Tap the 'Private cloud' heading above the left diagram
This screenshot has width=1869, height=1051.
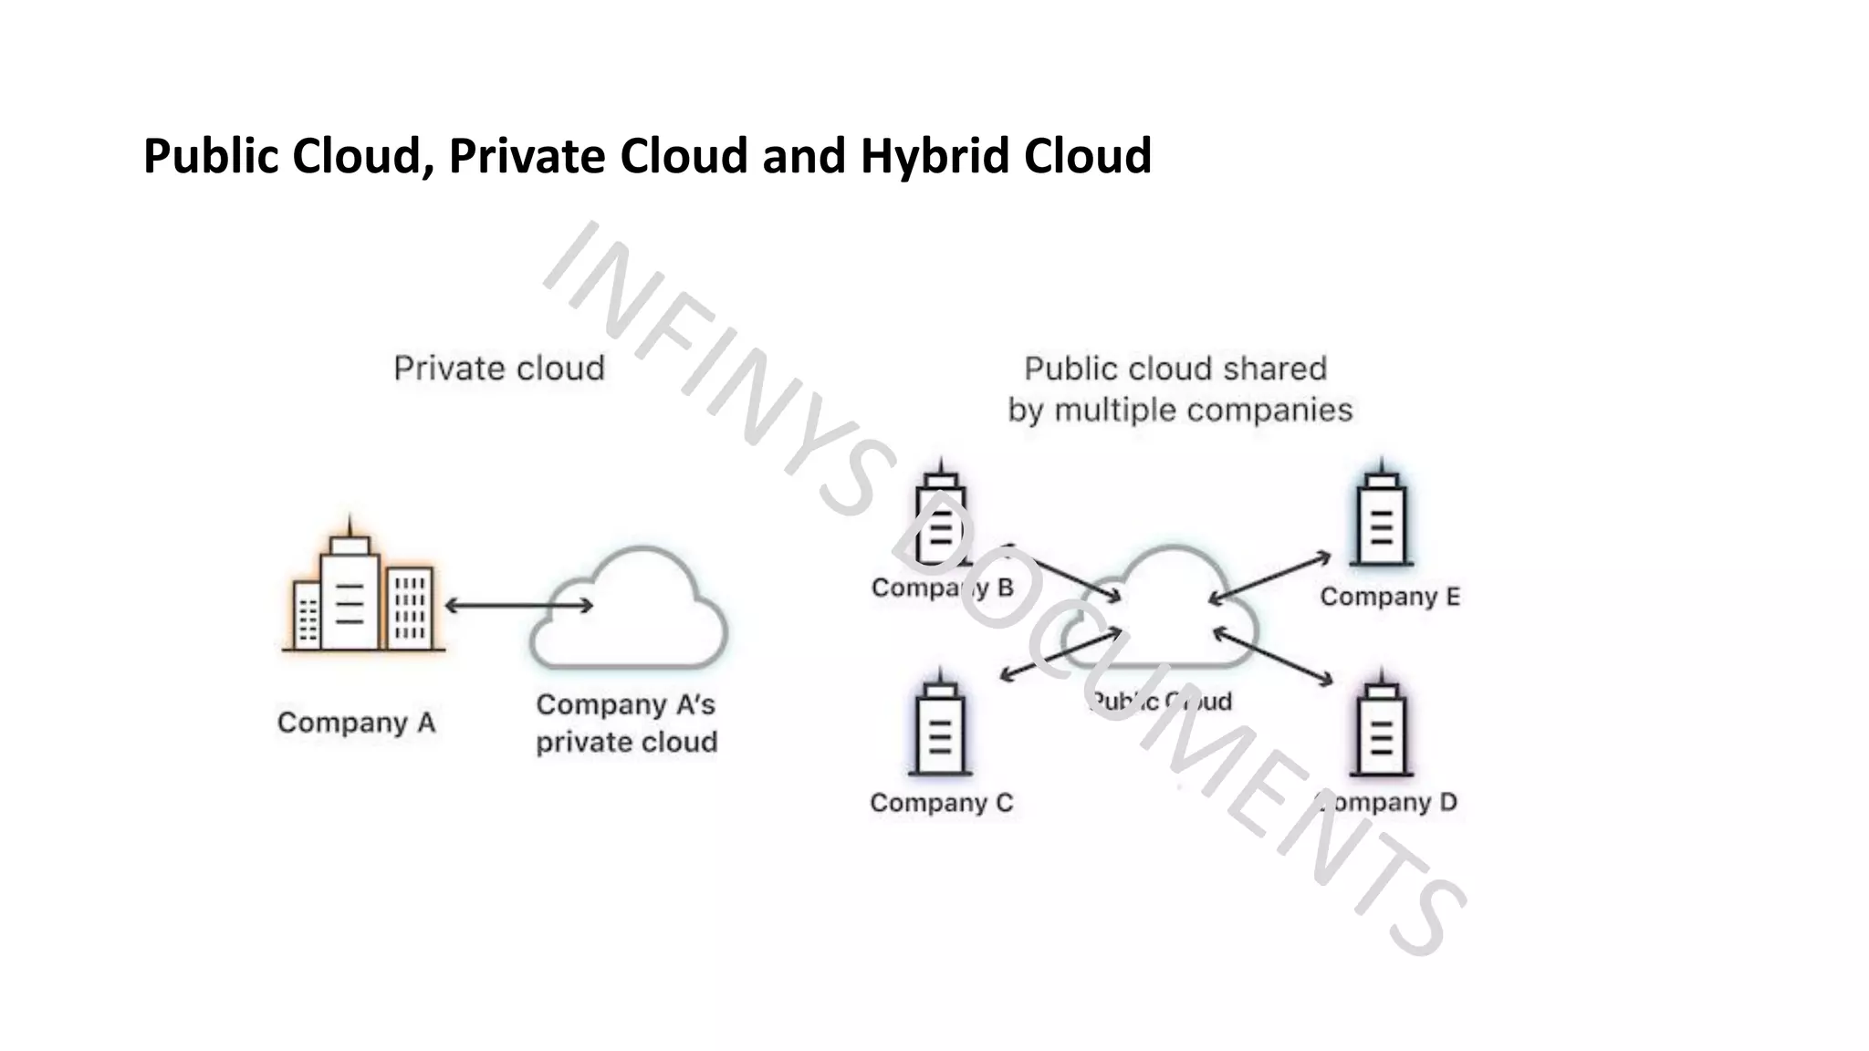click(499, 369)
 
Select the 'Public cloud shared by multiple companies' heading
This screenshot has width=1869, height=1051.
click(1179, 390)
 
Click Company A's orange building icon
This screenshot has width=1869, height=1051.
click(362, 595)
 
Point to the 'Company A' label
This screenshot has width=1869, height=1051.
click(357, 723)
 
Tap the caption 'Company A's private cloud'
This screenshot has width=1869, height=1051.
click(626, 723)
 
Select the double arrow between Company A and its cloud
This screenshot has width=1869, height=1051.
click(517, 605)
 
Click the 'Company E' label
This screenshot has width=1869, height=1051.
click(1390, 597)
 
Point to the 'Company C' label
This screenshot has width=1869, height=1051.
click(941, 803)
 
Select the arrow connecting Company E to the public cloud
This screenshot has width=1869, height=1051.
click(1269, 577)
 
